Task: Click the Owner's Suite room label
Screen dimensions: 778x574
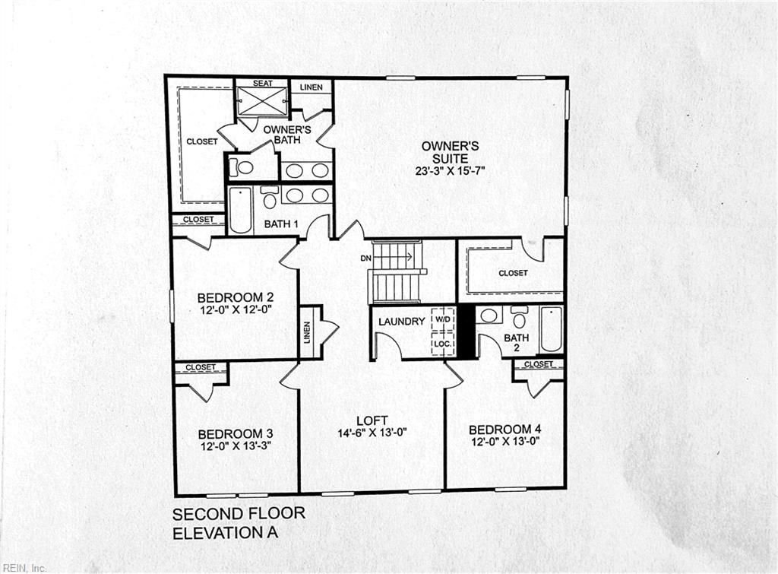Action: tap(450, 153)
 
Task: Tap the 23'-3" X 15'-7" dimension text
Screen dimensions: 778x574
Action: tap(450, 171)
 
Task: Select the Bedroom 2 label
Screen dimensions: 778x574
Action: tap(236, 298)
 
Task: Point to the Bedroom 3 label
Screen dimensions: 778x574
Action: tap(236, 434)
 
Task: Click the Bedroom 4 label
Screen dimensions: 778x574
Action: tap(505, 430)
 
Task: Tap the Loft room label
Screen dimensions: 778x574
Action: tap(372, 421)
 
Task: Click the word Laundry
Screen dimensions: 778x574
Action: tap(402, 322)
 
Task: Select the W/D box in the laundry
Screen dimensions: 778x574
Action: tap(443, 319)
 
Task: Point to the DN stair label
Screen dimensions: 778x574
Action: tap(365, 258)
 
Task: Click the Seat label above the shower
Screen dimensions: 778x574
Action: tap(262, 84)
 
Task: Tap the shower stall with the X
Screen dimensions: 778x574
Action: tap(262, 102)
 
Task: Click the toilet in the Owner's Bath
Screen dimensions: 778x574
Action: tap(241, 167)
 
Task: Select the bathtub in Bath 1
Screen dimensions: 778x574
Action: tap(241, 210)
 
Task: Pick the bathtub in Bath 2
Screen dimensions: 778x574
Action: tap(551, 329)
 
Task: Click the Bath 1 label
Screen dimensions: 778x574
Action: tap(281, 224)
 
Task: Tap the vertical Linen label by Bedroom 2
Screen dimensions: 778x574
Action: tap(307, 332)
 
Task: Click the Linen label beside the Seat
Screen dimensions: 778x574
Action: tap(311, 87)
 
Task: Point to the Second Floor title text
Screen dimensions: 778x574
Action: tap(239, 513)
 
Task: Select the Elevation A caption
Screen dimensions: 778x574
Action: tap(225, 533)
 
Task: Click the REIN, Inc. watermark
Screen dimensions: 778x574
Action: tap(24, 568)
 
